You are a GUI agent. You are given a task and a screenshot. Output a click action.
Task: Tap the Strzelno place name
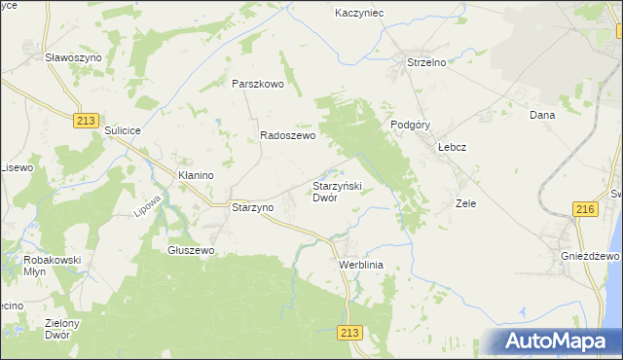point(425,63)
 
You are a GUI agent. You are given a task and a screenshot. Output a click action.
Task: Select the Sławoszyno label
point(74,57)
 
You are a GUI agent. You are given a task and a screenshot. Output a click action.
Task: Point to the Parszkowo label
point(257,84)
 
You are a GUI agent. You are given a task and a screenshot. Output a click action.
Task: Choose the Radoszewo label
point(287,137)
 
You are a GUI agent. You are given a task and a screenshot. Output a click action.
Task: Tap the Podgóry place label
point(410,125)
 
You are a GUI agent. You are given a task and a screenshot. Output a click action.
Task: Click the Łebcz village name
point(453,147)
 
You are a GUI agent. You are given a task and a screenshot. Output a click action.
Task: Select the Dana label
point(541,115)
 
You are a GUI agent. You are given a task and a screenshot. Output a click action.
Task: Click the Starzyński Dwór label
point(337,191)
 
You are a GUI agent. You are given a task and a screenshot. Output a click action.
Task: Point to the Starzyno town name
point(252,207)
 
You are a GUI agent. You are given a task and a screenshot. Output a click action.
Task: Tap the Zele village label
point(465,204)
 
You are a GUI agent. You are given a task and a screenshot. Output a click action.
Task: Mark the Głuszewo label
point(191,250)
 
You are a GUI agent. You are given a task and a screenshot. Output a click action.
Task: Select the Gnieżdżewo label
point(591,255)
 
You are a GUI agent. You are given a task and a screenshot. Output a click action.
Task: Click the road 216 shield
point(585,209)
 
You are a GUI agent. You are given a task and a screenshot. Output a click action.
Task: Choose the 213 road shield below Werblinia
point(351,333)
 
